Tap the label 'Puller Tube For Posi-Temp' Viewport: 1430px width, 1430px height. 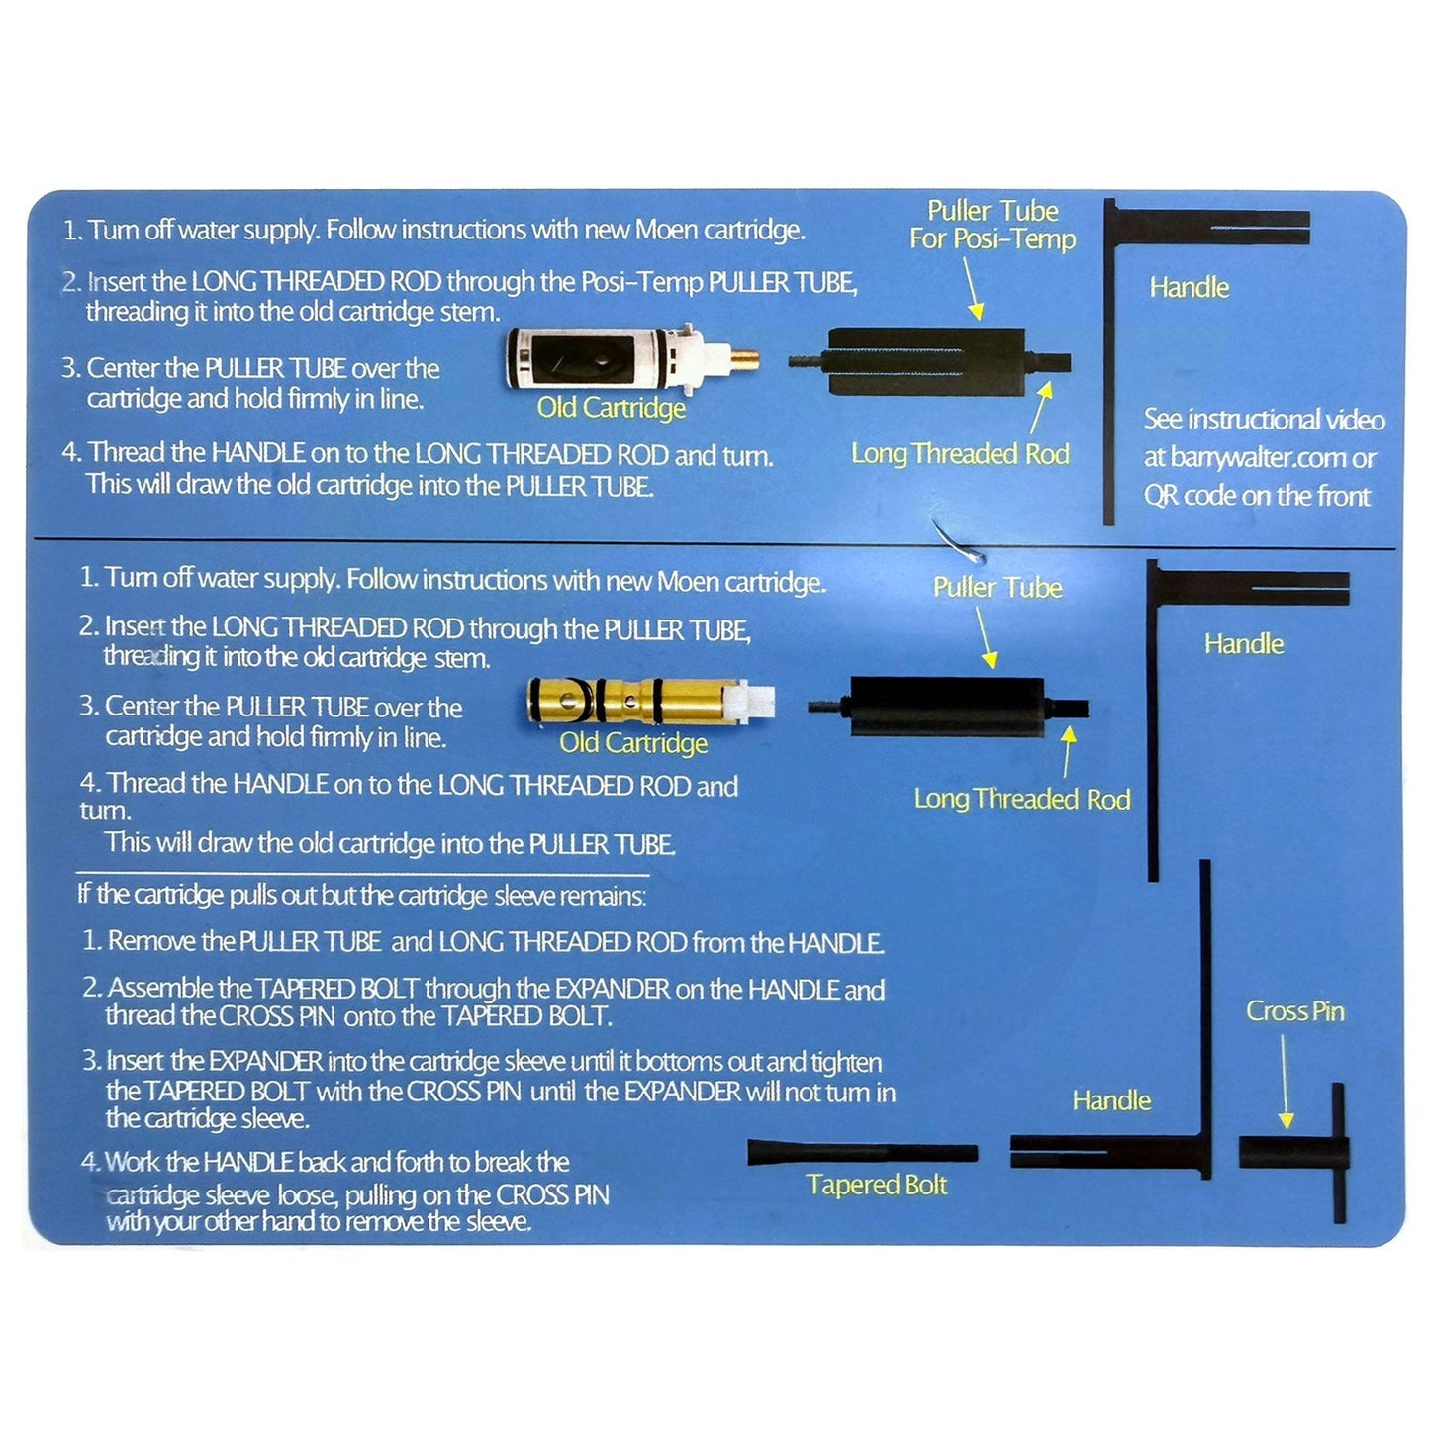[x=992, y=225]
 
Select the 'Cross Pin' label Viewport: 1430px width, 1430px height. [x=1294, y=1011]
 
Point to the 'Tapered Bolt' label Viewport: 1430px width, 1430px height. [x=876, y=1185]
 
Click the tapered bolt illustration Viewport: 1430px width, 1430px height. [x=861, y=1152]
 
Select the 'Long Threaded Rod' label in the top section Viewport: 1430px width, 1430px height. [x=960, y=454]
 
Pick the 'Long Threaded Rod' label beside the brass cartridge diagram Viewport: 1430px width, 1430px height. [x=1021, y=799]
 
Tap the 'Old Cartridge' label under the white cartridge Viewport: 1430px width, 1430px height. [x=611, y=408]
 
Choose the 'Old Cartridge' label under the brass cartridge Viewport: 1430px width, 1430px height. [x=633, y=743]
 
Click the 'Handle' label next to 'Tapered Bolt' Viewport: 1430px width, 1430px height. [x=1111, y=1100]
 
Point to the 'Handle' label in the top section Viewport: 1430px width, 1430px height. [x=1189, y=288]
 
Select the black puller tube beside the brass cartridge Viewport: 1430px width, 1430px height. [x=947, y=707]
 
